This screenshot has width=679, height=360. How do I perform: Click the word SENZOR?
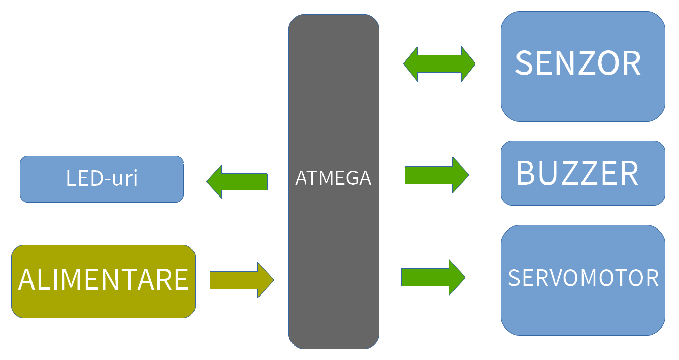[x=578, y=63]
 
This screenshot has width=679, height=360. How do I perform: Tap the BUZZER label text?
[x=577, y=174]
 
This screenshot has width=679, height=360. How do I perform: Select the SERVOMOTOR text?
[x=583, y=278]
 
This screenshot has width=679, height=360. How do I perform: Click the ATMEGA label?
[x=333, y=178]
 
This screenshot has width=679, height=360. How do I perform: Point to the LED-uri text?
[x=102, y=178]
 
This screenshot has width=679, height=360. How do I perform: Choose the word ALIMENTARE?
[x=104, y=279]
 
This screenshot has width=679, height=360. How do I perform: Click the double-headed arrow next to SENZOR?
[x=439, y=64]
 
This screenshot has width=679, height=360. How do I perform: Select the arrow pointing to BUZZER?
[x=436, y=175]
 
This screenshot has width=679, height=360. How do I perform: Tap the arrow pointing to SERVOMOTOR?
[x=433, y=277]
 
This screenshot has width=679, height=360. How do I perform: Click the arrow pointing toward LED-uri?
[x=237, y=181]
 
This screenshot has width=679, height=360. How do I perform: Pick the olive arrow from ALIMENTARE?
[x=242, y=280]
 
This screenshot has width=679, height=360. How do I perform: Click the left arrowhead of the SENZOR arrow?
[x=410, y=64]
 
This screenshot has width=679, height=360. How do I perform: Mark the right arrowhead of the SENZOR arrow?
[x=468, y=64]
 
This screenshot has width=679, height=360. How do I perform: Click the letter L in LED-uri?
[x=71, y=178]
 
